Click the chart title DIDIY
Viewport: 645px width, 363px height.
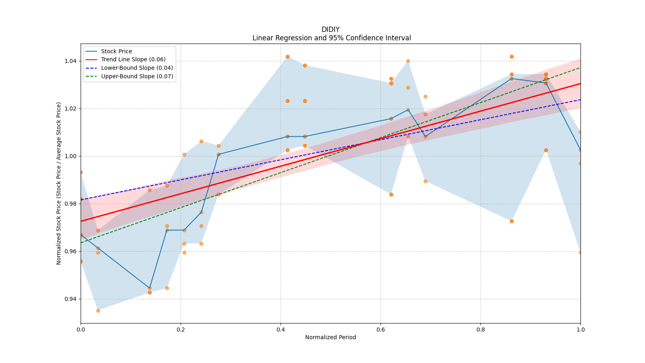331,29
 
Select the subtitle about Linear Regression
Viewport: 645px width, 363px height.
331,38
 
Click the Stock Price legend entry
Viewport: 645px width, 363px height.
117,51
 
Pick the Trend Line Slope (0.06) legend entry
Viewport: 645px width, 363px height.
133,60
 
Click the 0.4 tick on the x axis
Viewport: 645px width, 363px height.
281,330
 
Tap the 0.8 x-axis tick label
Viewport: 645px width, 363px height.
481,330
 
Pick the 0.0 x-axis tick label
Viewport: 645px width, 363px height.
81,330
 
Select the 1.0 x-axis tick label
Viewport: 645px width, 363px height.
580,330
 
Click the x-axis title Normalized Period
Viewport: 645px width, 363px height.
331,337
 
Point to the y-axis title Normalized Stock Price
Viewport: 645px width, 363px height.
59,183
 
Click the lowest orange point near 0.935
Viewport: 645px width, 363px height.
98,311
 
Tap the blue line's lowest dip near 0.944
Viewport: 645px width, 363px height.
150,288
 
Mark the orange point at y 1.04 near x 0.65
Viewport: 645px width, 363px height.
408,61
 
